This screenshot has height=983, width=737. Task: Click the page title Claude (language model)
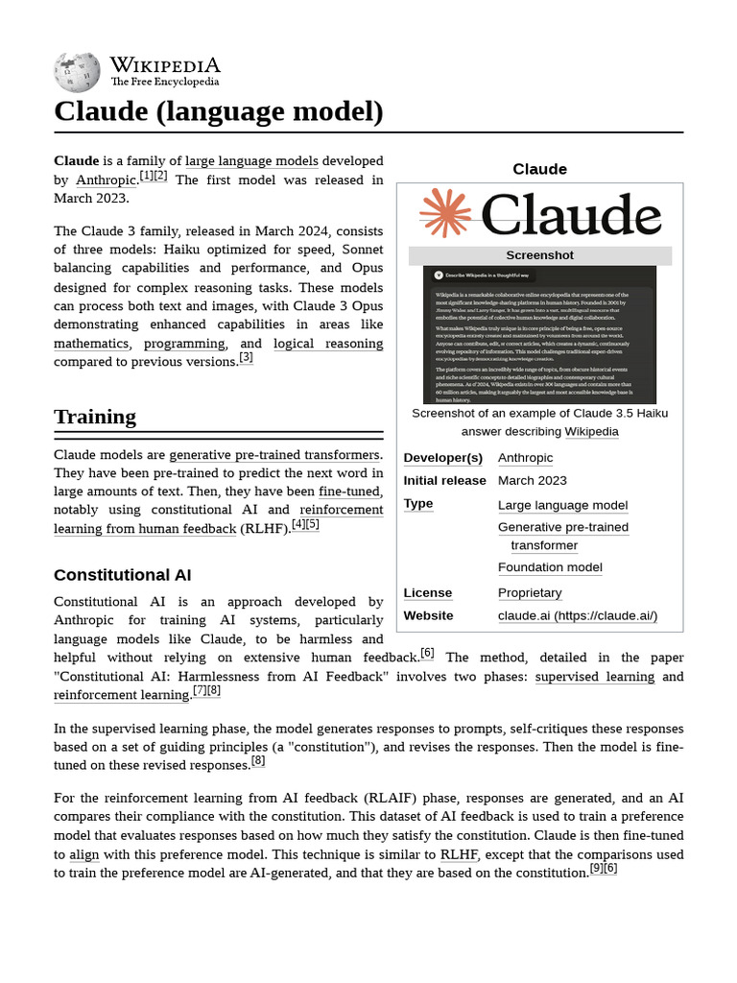click(219, 111)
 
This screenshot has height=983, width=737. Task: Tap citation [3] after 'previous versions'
click(247, 358)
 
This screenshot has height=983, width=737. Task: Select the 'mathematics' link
click(91, 343)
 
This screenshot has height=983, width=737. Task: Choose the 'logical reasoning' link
click(328, 343)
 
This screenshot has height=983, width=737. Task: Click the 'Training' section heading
click(95, 416)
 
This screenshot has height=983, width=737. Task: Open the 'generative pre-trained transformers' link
click(274, 454)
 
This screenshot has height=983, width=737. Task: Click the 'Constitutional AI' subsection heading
click(123, 575)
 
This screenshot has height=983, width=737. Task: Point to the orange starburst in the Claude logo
click(445, 213)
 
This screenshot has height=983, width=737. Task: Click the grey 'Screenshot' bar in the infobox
click(539, 255)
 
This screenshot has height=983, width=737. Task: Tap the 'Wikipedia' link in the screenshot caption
click(591, 431)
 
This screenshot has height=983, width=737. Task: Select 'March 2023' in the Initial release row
click(532, 480)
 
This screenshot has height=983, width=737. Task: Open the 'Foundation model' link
click(550, 567)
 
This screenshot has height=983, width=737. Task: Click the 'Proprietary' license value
click(530, 592)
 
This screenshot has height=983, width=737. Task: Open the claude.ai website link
click(577, 615)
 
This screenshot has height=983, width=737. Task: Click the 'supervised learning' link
click(595, 676)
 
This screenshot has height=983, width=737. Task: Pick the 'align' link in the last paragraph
click(83, 853)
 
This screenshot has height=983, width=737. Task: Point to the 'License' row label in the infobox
click(428, 592)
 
